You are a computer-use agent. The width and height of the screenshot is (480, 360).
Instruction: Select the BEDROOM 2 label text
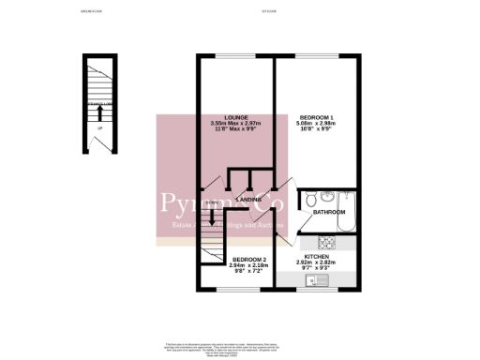coord(250,259)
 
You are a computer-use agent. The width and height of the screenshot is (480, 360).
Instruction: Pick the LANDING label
coord(248,201)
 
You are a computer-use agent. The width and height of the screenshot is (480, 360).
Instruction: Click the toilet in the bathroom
coord(307,199)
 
